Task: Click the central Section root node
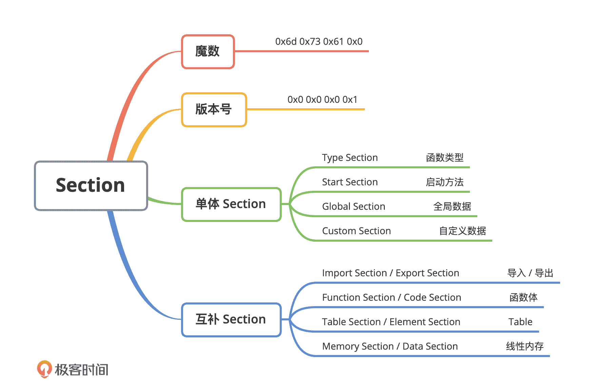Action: point(91,186)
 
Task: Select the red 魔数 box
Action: point(208,52)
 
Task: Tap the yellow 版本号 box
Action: point(214,110)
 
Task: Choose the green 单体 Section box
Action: point(231,204)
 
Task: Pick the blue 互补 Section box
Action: point(231,319)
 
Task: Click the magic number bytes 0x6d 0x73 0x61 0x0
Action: point(319,42)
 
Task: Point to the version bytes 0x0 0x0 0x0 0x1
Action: point(322,100)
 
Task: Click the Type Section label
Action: point(350,158)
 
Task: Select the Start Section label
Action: point(350,182)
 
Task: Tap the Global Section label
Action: point(354,207)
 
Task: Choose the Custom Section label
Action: point(356,231)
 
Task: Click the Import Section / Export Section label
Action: point(391,273)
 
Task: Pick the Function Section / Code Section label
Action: point(392,298)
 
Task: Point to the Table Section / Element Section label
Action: point(391,322)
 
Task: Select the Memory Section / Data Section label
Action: point(390,347)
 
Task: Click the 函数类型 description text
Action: point(444,158)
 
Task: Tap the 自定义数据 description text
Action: point(462,231)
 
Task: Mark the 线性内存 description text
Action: point(524,347)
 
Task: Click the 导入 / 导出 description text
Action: point(530,273)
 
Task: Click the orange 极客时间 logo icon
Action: point(44,369)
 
